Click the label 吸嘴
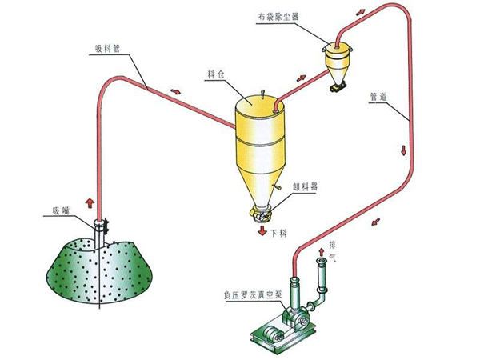pos(62,212)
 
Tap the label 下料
pos(278,234)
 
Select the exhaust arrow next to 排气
pos(321,253)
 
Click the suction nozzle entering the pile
pos(101,232)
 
